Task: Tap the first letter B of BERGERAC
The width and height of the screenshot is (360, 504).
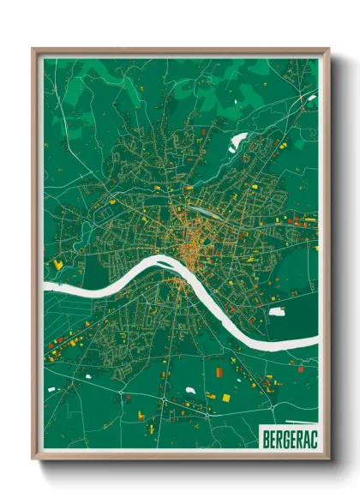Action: click(x=262, y=435)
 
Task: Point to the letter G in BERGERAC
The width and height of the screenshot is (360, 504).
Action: click(x=282, y=435)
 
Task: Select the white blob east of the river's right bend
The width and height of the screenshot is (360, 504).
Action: click(x=277, y=311)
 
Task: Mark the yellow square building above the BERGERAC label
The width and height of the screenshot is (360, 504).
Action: click(x=226, y=397)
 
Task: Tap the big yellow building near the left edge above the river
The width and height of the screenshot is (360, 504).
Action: click(x=58, y=265)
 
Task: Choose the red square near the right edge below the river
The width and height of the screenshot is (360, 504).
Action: click(x=299, y=369)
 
